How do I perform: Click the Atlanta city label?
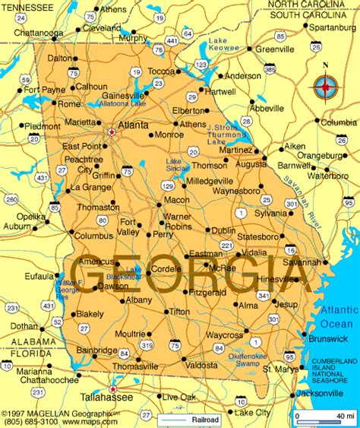[x=134, y=125]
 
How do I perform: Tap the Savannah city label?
[x=301, y=262]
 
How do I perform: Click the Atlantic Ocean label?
[x=339, y=316]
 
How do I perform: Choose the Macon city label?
[x=176, y=199]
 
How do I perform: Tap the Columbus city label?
[x=93, y=236]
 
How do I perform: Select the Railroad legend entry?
[x=204, y=419]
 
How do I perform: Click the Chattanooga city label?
[x=37, y=33]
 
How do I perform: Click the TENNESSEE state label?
[x=30, y=7]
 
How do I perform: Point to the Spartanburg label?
[x=333, y=27]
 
